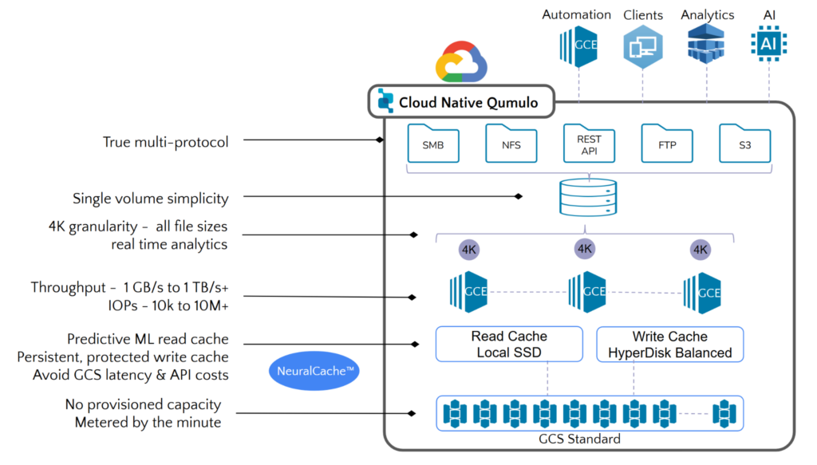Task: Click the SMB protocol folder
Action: click(433, 144)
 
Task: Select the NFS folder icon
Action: click(511, 144)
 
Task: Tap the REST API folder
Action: click(588, 144)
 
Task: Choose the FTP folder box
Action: click(666, 144)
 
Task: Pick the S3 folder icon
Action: click(744, 144)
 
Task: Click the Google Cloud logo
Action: click(460, 63)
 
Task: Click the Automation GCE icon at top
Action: click(578, 45)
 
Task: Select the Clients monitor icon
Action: click(642, 45)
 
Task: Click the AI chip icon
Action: click(768, 44)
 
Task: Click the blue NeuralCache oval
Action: click(315, 371)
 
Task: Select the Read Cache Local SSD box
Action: click(509, 344)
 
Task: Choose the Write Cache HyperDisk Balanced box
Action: click(669, 344)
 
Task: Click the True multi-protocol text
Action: click(165, 142)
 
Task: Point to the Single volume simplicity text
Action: click(150, 199)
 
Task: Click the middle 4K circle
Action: click(585, 248)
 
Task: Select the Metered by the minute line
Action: click(148, 422)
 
